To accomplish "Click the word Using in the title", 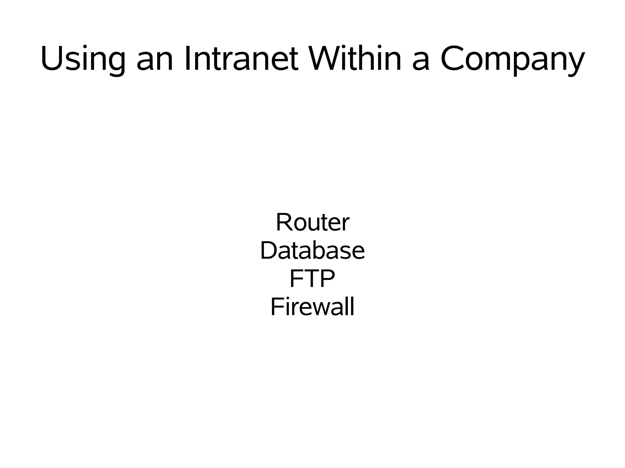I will (83, 59).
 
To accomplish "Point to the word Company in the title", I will (512, 59).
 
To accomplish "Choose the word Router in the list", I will (312, 223).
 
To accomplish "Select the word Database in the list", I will (312, 251).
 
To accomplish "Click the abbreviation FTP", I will (312, 279).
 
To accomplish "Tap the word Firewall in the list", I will (312, 307).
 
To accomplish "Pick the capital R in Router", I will (284, 222).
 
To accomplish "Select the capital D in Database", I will (269, 250).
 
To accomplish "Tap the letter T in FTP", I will (311, 279).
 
